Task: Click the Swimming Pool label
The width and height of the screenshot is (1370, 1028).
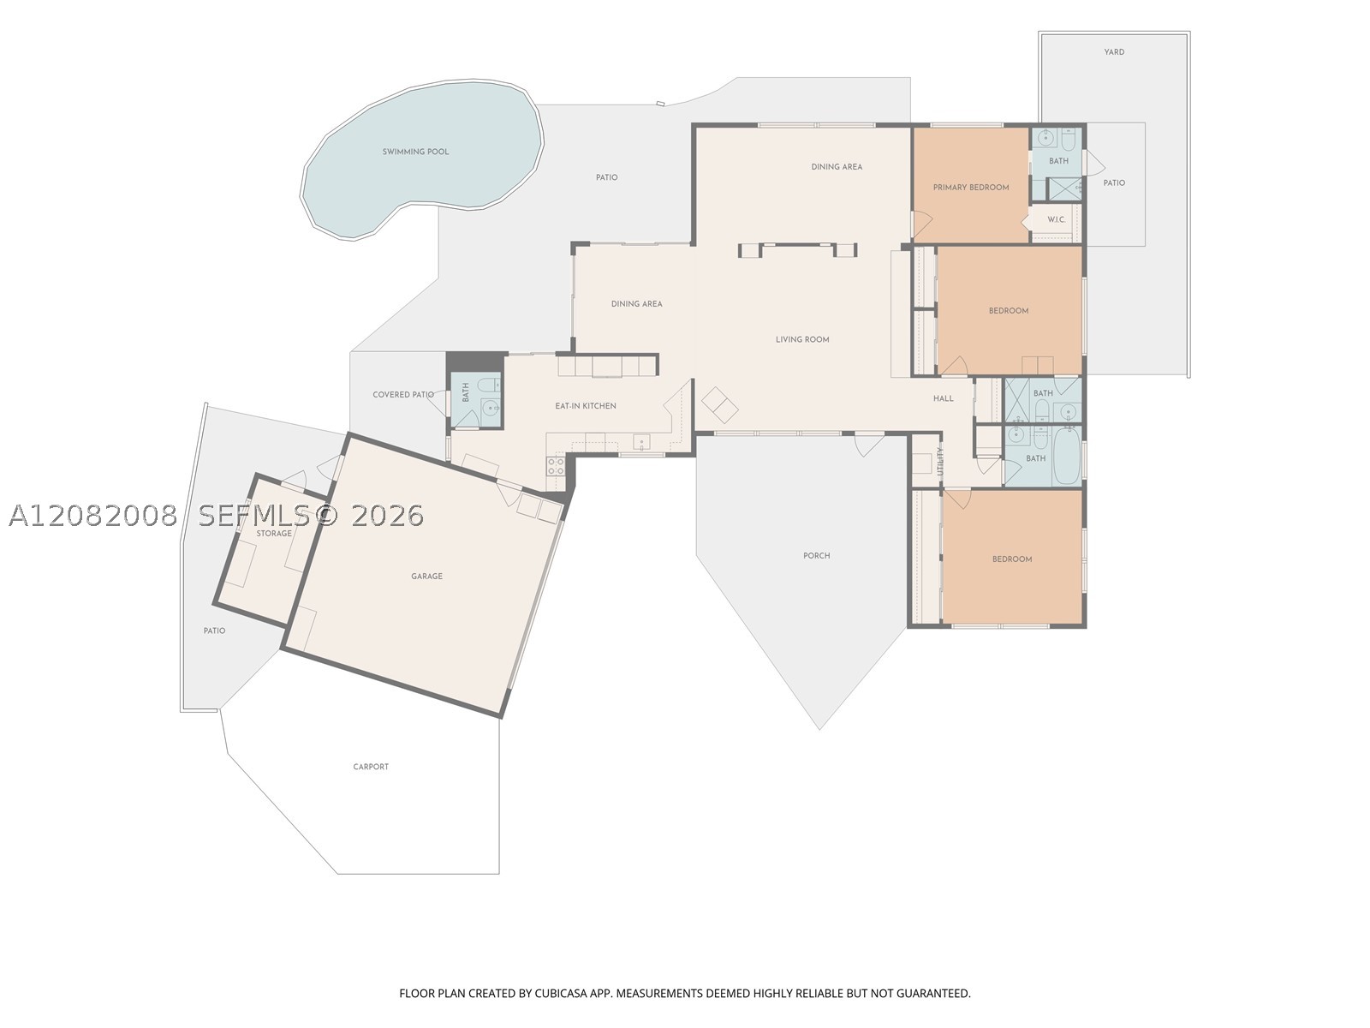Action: tap(415, 152)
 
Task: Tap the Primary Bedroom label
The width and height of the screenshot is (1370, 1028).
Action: tap(970, 188)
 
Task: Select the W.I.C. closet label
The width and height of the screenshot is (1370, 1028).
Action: tap(1056, 219)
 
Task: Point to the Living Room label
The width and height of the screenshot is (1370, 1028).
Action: tap(802, 339)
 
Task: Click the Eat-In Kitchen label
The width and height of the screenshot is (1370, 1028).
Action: tap(586, 406)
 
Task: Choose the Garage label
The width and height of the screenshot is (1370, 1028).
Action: tap(427, 576)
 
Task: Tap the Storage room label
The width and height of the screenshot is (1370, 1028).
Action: tap(274, 533)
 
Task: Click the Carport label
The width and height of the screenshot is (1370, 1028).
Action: tap(371, 767)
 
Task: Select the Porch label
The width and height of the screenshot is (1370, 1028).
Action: tap(816, 555)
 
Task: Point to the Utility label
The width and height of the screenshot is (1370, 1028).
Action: tap(940, 461)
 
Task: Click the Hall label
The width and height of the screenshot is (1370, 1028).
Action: tap(943, 398)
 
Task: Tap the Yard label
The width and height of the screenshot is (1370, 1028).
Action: tap(1114, 51)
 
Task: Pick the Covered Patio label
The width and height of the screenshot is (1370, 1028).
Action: tap(403, 394)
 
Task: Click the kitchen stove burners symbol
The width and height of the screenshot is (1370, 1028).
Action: tap(556, 466)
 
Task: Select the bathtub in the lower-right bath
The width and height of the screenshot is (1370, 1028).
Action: tap(1067, 457)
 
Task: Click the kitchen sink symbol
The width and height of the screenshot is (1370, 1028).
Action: tap(641, 443)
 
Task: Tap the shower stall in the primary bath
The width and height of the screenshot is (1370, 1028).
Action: tap(1064, 189)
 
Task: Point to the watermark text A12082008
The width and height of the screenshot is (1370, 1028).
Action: tap(93, 516)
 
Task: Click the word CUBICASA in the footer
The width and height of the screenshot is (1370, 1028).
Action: tap(561, 993)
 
